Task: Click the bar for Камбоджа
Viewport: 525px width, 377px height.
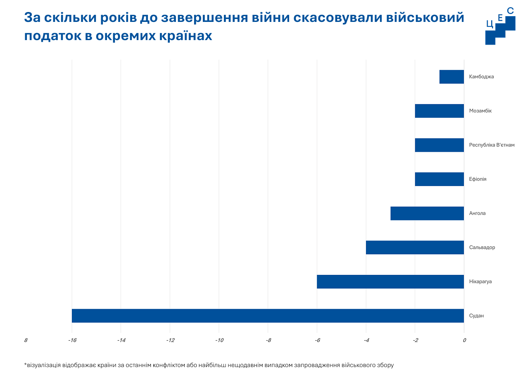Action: [451, 77]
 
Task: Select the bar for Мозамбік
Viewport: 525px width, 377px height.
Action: [439, 111]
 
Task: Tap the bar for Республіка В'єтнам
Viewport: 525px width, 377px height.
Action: [439, 145]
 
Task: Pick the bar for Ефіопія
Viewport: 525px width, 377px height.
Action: [439, 179]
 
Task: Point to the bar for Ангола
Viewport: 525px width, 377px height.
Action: [427, 213]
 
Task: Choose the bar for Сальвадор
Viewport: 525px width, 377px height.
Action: [415, 247]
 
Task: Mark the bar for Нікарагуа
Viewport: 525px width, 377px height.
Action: [390, 282]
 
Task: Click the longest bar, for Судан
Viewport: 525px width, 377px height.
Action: [268, 315]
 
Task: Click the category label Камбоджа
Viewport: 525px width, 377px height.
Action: [482, 77]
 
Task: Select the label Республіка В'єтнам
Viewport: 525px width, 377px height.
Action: [492, 145]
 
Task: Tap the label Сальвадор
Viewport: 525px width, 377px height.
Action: [482, 248]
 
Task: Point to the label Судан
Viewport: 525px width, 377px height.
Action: [476, 316]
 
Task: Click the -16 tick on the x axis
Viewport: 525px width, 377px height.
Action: [72, 341]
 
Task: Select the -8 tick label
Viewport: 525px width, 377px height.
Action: [268, 341]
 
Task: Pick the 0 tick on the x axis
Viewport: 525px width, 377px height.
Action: [464, 341]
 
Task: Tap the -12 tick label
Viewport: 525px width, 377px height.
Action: [170, 341]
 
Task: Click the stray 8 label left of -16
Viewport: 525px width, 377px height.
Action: [26, 341]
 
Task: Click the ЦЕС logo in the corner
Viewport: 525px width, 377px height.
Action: [500, 26]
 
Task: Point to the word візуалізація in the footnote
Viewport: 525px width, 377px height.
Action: [43, 365]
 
